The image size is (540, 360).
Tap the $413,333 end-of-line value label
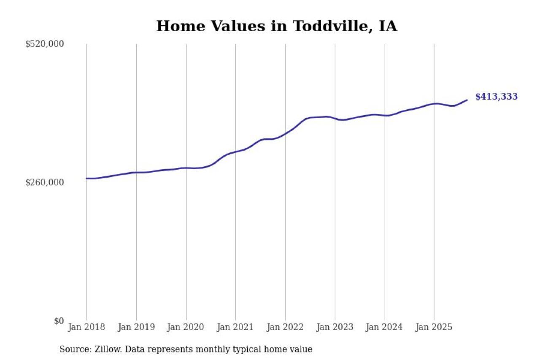(x=496, y=97)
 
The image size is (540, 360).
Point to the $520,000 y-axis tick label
(x=44, y=44)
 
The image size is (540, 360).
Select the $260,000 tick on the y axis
(x=44, y=182)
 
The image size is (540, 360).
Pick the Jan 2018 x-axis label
(x=86, y=327)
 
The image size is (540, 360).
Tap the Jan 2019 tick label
(x=136, y=327)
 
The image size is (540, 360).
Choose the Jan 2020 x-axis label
(x=186, y=327)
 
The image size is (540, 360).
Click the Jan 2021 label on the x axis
(x=235, y=327)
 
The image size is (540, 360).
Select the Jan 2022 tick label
(x=285, y=327)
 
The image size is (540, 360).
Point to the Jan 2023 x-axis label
(x=335, y=327)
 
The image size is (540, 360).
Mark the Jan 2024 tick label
(x=384, y=327)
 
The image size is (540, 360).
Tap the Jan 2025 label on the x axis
(x=434, y=327)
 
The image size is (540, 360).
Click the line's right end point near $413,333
(x=467, y=100)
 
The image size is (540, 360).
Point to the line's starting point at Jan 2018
(x=87, y=178)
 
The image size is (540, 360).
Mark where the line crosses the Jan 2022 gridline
(x=285, y=134)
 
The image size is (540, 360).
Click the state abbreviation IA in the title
(x=388, y=26)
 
